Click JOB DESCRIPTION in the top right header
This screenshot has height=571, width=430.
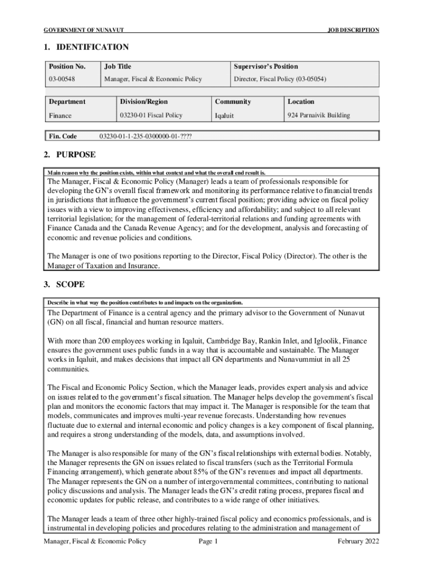[353, 30]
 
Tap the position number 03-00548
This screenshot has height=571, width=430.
[62, 80]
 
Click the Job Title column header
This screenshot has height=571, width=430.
[117, 66]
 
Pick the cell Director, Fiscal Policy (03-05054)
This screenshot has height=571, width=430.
[280, 80]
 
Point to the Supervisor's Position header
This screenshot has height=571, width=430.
[266, 66]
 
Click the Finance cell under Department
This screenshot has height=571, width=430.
[60, 116]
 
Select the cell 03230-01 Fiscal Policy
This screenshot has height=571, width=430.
[151, 115]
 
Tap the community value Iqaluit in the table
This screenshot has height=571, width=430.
[224, 116]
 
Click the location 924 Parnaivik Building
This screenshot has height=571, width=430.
[319, 115]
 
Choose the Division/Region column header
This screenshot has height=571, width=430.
[144, 101]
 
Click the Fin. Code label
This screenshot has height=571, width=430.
[63, 136]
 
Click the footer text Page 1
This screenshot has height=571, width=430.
[208, 541]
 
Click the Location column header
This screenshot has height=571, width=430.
[301, 101]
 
